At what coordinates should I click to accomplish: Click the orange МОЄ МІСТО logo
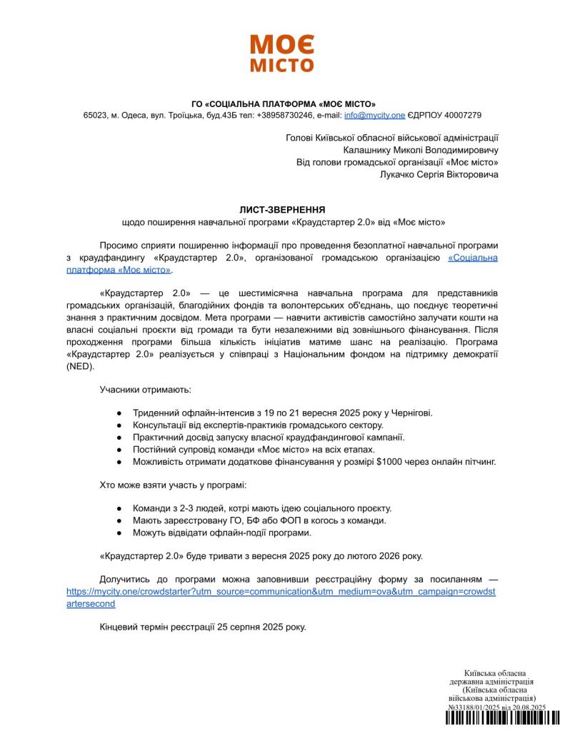tap(282, 54)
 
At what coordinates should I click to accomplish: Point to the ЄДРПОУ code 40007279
tap(464, 115)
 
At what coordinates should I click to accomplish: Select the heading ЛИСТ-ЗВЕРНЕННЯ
tap(282, 210)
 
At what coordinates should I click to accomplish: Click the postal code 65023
tap(95, 115)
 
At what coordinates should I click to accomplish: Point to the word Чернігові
tap(406, 413)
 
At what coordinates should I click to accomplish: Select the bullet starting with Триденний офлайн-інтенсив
tap(282, 413)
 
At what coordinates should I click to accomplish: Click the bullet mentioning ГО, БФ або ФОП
tap(259, 520)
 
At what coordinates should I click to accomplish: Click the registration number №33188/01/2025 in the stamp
tap(477, 707)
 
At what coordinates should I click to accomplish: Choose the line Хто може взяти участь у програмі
tap(173, 485)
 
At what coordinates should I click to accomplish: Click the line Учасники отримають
tap(146, 390)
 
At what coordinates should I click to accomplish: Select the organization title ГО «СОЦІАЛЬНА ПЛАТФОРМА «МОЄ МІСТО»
tap(283, 103)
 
